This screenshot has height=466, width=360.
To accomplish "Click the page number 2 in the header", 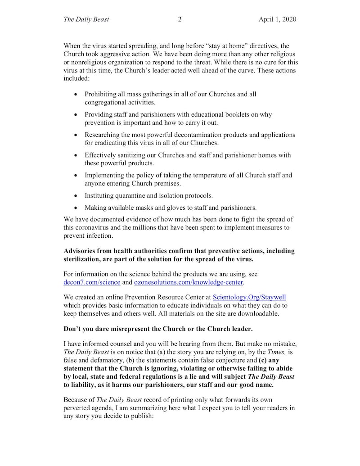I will pyautogui.click(x=180, y=19).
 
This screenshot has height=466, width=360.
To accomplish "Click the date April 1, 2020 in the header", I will pyautogui.click(x=277, y=19).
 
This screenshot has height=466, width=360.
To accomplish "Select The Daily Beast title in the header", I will pyautogui.click(x=86, y=19).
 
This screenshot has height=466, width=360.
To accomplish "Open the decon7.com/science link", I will pyautogui.click(x=92, y=282).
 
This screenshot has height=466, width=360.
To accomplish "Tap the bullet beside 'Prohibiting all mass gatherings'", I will pyautogui.click(x=75, y=95).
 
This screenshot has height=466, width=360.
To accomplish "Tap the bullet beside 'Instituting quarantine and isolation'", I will pyautogui.click(x=75, y=196).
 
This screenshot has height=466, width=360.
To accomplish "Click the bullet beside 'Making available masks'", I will pyautogui.click(x=75, y=208).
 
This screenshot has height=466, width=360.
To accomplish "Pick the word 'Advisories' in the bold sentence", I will pyautogui.click(x=81, y=251).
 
